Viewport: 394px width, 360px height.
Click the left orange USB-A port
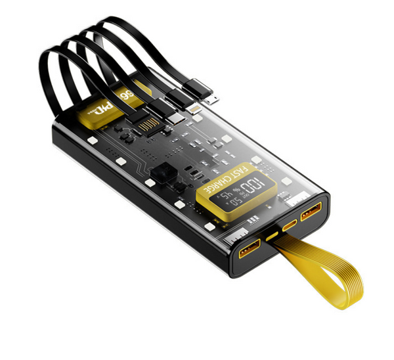tap(251, 248)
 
